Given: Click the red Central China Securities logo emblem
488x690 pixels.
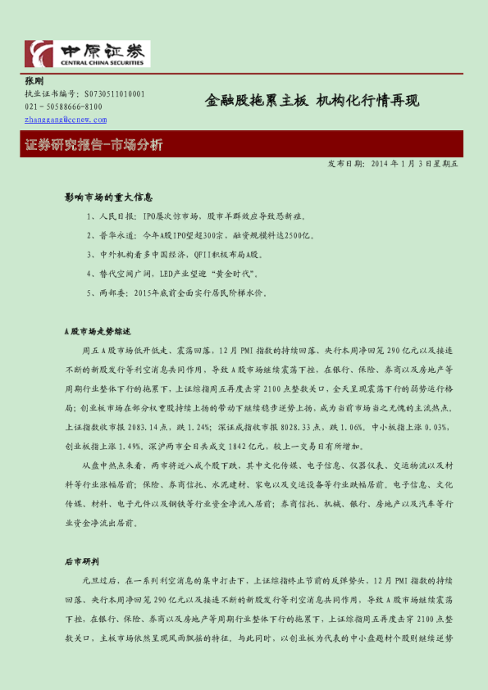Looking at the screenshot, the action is click(39, 54).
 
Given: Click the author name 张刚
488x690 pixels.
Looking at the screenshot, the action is click(34, 81).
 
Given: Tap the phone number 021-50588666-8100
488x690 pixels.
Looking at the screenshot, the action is click(64, 107).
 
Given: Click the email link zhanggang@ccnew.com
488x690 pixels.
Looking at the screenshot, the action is click(66, 119).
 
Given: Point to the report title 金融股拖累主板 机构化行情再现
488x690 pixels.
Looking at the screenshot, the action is click(312, 101).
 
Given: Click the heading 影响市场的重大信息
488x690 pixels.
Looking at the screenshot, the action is click(108, 198).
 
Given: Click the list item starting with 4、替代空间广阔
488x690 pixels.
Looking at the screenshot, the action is click(172, 273).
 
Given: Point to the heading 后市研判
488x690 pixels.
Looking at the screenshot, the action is click(82, 561).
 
